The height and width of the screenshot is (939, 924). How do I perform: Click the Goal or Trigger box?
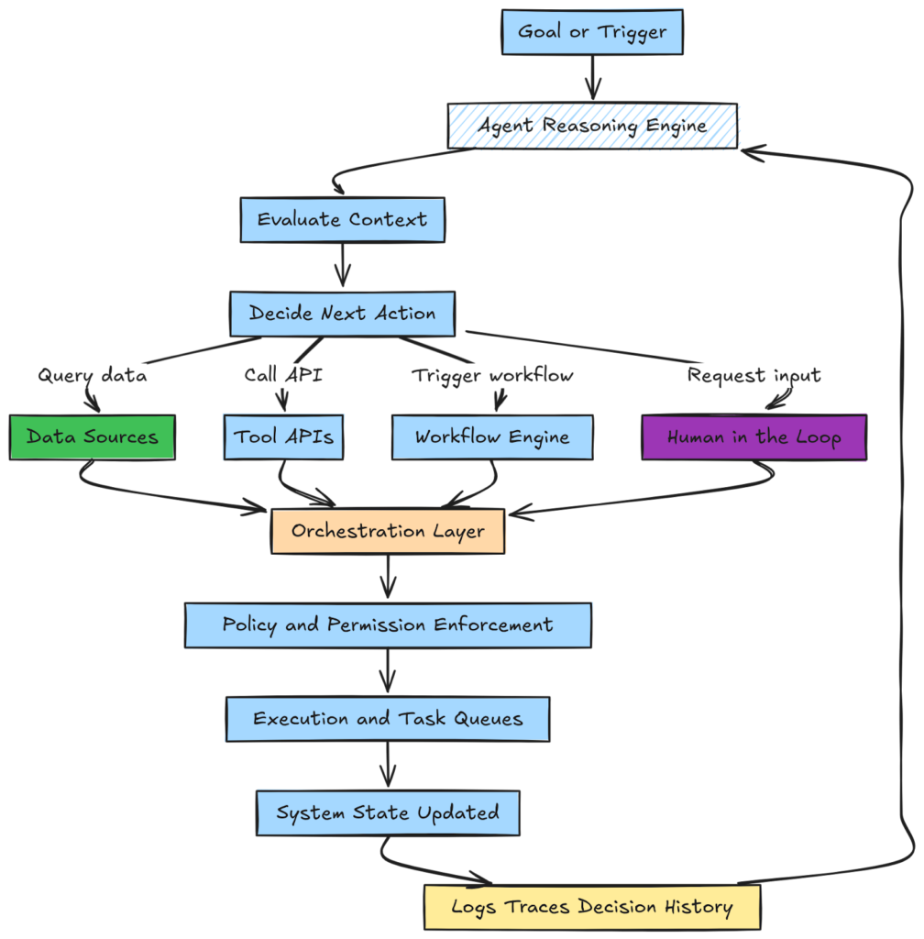592,32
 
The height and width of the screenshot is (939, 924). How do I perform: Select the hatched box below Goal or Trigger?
593,127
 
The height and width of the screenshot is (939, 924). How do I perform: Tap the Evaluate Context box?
342,220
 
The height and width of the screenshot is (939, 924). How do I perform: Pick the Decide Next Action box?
342,314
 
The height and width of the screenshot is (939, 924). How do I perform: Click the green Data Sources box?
92,437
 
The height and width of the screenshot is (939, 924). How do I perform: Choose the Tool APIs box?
284,437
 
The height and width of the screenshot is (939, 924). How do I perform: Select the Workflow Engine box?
492,437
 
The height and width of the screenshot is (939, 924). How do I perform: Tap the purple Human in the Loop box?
753,437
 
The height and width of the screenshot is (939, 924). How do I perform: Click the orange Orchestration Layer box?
388,532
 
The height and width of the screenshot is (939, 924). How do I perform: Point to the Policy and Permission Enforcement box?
388,625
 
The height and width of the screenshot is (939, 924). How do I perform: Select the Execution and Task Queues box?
388,719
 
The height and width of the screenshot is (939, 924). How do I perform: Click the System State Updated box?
388,812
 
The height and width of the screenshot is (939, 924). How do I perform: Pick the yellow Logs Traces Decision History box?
592,908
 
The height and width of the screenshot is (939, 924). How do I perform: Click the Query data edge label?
92,376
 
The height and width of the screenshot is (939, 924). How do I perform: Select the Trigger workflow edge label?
493,376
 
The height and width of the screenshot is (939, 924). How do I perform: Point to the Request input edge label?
754,376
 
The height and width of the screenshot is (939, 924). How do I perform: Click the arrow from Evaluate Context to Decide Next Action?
342,266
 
